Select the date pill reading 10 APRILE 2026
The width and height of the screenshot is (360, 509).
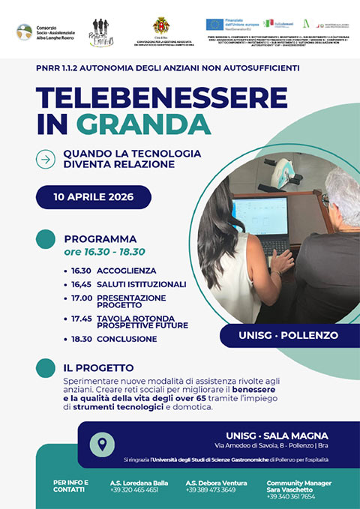pyautogui.click(x=94, y=197)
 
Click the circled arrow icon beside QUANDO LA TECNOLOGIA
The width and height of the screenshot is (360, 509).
pyautogui.click(x=46, y=158)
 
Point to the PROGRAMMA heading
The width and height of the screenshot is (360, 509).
pyautogui.click(x=100, y=238)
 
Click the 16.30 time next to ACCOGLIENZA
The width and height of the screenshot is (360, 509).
pyautogui.click(x=79, y=270)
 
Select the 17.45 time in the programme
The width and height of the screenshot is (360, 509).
pyautogui.click(x=79, y=318)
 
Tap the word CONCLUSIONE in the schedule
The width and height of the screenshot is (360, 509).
pyautogui.click(x=126, y=339)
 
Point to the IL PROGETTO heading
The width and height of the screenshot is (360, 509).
pyautogui.click(x=99, y=368)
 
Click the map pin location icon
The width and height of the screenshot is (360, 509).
pyautogui.click(x=102, y=443)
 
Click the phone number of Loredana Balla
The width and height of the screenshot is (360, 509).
pyautogui.click(x=134, y=490)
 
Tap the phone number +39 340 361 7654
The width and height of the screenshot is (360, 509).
pyautogui.click(x=290, y=496)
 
